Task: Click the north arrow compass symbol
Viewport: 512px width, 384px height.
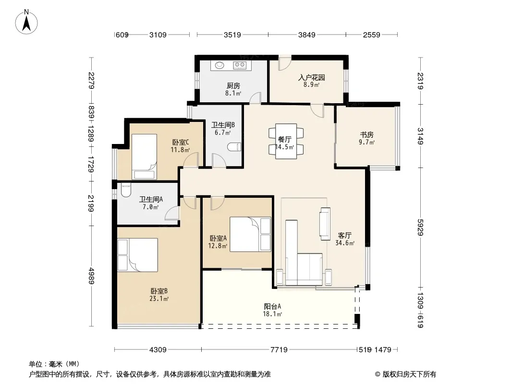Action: [26, 23]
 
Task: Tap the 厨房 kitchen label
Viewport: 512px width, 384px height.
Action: [233, 86]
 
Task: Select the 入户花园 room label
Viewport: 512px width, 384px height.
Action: [312, 78]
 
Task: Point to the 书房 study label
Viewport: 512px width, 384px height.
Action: [366, 134]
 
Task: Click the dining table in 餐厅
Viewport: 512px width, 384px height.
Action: [286, 141]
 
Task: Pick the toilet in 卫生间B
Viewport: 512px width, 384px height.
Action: [234, 147]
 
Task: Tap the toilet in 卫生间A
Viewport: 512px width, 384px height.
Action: [125, 190]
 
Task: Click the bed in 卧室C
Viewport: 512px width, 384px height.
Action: [144, 156]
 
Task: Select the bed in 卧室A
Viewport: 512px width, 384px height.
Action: [250, 234]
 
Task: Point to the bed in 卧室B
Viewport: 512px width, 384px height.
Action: [137, 255]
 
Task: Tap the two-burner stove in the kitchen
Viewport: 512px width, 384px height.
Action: [240, 65]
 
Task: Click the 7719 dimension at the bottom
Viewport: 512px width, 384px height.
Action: [279, 350]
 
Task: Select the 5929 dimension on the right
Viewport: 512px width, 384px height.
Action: [420, 227]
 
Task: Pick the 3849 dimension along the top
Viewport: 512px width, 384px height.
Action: [306, 35]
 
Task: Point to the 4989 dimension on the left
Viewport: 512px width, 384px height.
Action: [91, 276]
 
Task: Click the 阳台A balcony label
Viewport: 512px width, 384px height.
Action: [272, 306]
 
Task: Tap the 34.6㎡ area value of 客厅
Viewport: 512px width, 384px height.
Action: [345, 243]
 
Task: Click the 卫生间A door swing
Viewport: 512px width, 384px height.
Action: [171, 214]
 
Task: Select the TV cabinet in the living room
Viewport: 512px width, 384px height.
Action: [325, 224]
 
